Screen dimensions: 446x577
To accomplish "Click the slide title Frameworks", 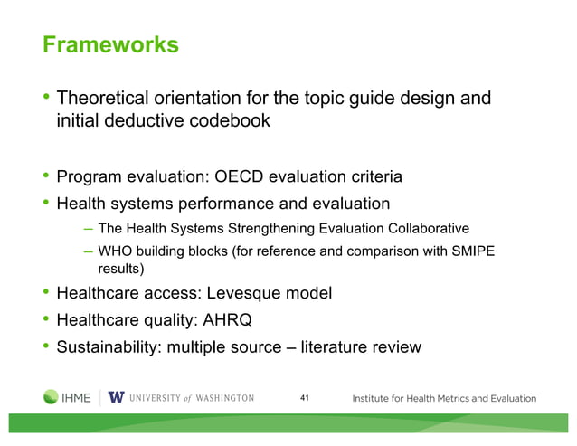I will pyautogui.click(x=110, y=44).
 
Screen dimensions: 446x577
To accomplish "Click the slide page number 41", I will pyautogui.click(x=304, y=398).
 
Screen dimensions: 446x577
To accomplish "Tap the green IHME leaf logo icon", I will pyautogui.click(x=51, y=398).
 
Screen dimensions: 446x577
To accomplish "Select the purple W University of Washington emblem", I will pyautogui.click(x=116, y=398).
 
